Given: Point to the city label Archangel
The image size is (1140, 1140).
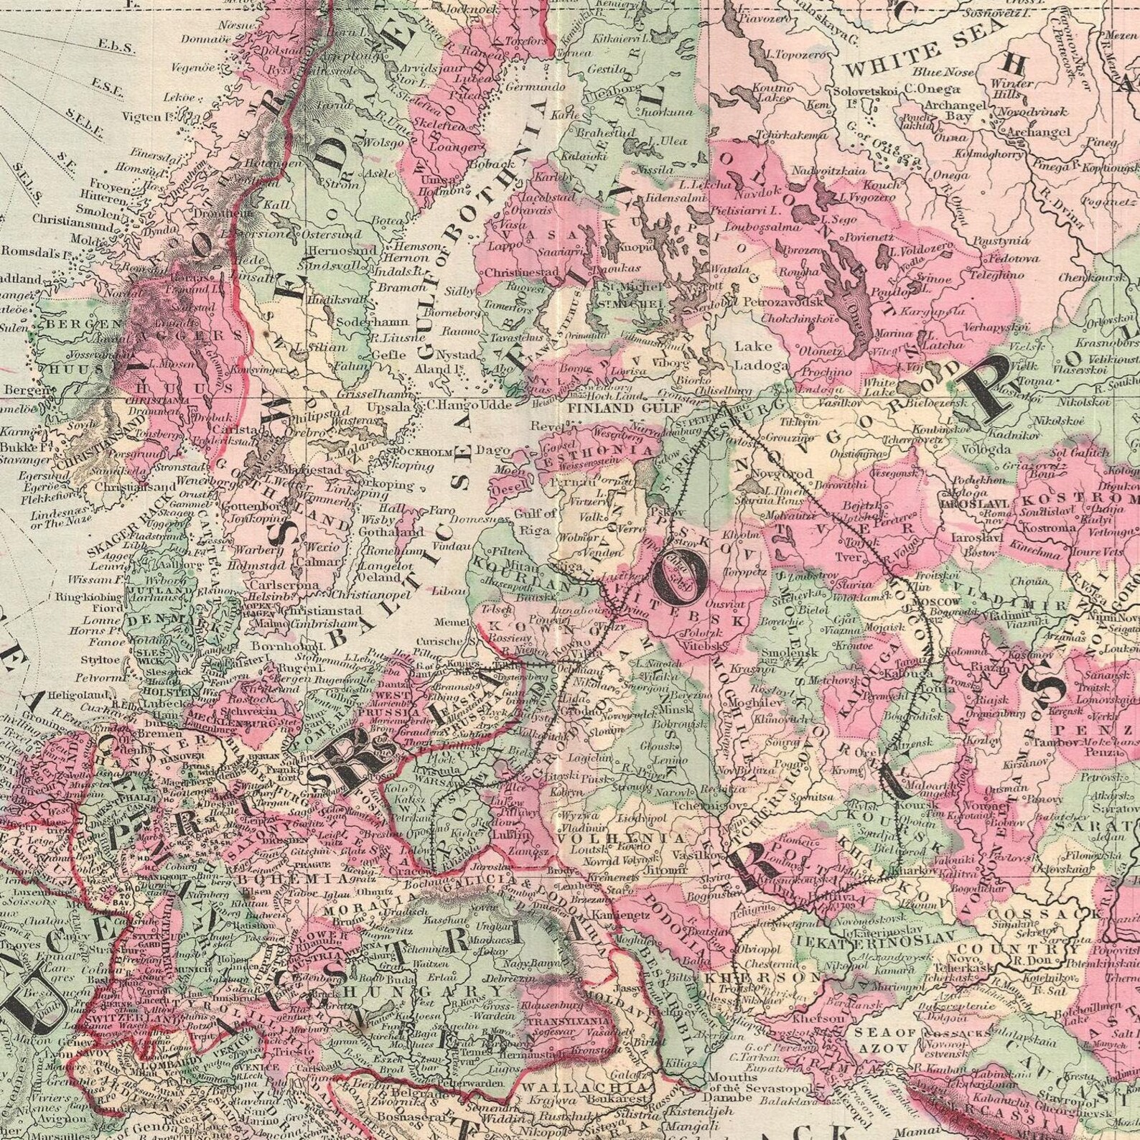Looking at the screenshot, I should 1039,132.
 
